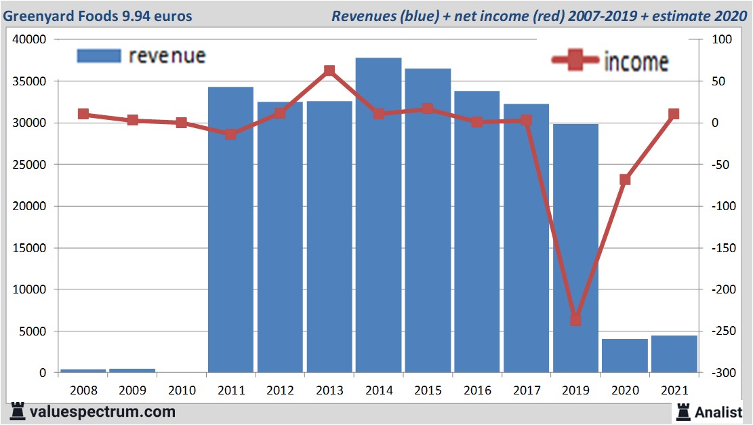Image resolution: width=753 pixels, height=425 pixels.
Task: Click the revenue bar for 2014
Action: [x=378, y=217]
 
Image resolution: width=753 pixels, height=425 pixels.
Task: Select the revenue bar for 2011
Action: [x=230, y=230]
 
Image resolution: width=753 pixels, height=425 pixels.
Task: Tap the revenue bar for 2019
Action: [x=575, y=251]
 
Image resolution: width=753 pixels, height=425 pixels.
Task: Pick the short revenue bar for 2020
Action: [x=625, y=356]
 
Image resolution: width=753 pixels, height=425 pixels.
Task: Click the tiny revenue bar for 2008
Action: [x=83, y=370]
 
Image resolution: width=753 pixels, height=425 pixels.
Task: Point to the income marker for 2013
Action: [x=329, y=70]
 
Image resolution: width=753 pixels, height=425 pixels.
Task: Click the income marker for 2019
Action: [x=575, y=319]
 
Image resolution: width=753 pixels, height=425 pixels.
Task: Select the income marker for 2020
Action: [x=625, y=180]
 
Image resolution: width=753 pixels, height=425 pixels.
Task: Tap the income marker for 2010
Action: [x=182, y=123]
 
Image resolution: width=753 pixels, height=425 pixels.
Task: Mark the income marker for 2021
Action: [x=674, y=115]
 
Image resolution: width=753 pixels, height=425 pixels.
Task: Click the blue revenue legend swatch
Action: [x=99, y=56]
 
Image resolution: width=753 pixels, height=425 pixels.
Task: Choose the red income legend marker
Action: [x=575, y=62]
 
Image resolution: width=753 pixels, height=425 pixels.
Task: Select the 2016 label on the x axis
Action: [x=476, y=390]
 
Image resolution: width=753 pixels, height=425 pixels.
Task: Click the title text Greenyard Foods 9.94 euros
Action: [x=99, y=16]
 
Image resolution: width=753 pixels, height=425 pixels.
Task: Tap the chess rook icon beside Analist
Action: [x=683, y=411]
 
